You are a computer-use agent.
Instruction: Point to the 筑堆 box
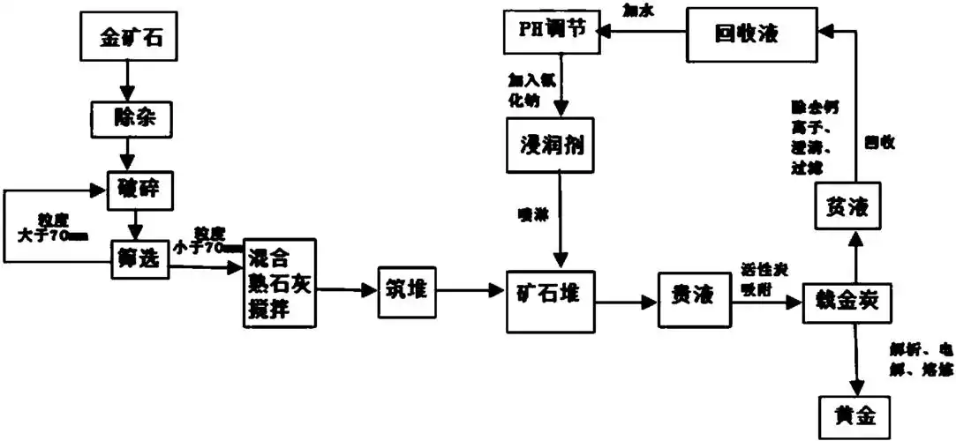(x=407, y=289)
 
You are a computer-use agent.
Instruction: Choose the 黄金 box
(x=849, y=412)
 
